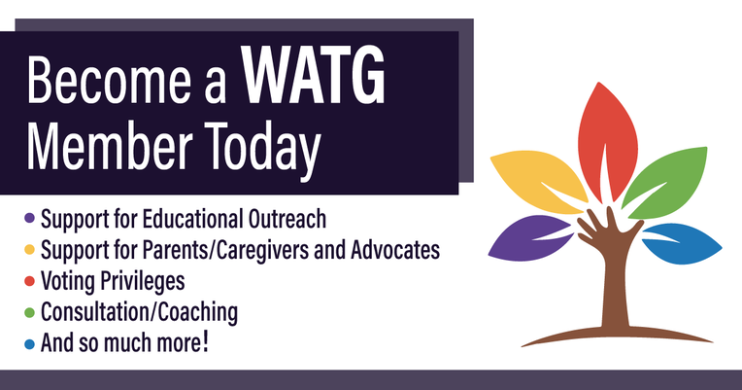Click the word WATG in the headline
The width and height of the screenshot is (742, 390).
click(x=315, y=76)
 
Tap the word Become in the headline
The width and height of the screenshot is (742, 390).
click(x=110, y=80)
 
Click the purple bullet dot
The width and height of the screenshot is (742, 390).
click(x=29, y=219)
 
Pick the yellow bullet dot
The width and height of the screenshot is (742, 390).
click(x=29, y=250)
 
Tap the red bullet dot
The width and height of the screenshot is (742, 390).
click(x=29, y=281)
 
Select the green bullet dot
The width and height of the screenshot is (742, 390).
click(x=29, y=312)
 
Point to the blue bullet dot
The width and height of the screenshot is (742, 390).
click(x=29, y=343)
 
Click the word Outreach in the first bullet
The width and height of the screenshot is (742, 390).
click(x=287, y=219)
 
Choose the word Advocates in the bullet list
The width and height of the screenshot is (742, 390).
click(x=395, y=250)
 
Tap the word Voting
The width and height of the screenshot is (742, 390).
click(x=68, y=281)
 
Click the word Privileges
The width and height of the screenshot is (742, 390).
click(x=142, y=281)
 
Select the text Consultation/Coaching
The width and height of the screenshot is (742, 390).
click(x=139, y=312)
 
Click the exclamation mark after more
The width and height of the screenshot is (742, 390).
click(x=205, y=342)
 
